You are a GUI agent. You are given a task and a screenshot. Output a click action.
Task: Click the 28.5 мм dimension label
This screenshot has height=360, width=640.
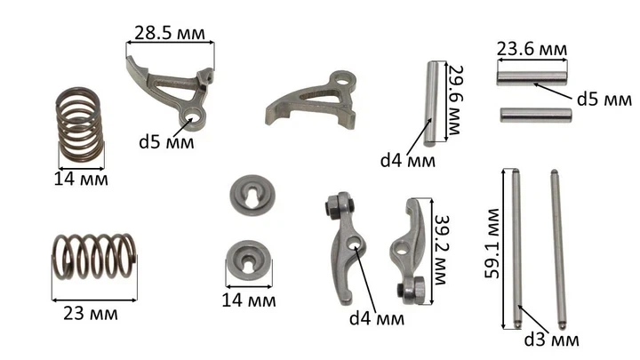(170, 33)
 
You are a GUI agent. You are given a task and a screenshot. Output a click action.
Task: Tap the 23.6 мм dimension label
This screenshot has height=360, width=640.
(532, 49)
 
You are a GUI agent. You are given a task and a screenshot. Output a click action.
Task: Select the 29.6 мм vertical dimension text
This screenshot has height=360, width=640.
(454, 100)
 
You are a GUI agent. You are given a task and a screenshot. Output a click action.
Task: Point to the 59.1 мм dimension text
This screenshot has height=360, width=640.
(492, 244)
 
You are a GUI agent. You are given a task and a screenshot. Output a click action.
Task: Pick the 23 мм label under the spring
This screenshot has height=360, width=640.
(91, 314)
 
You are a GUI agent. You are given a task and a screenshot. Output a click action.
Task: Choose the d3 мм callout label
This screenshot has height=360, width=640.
(551, 340)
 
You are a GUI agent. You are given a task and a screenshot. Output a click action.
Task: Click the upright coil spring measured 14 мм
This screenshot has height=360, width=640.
(79, 125)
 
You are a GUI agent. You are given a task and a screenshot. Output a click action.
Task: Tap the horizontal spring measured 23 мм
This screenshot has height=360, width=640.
(95, 256)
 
